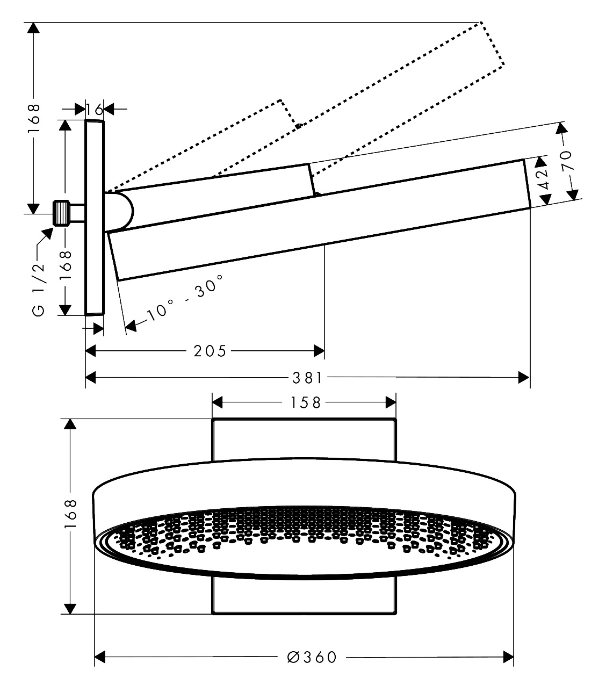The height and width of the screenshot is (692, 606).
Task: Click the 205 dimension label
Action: tap(211, 351)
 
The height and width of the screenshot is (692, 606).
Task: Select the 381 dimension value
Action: tap(308, 378)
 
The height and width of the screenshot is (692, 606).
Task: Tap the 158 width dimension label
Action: tap(305, 402)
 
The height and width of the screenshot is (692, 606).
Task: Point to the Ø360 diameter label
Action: tap(312, 657)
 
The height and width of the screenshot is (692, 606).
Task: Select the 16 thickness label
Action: tap(95, 110)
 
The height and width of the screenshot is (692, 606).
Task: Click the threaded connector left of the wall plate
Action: tap(62, 213)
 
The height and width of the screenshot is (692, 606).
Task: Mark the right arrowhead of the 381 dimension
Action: tap(524, 378)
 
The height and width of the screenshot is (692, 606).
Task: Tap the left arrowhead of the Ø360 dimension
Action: tap(100, 657)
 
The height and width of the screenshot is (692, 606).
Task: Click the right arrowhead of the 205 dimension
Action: tap(319, 351)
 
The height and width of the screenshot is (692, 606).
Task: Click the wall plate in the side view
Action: tap(95, 217)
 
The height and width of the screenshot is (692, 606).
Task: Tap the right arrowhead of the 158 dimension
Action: tap(391, 402)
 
